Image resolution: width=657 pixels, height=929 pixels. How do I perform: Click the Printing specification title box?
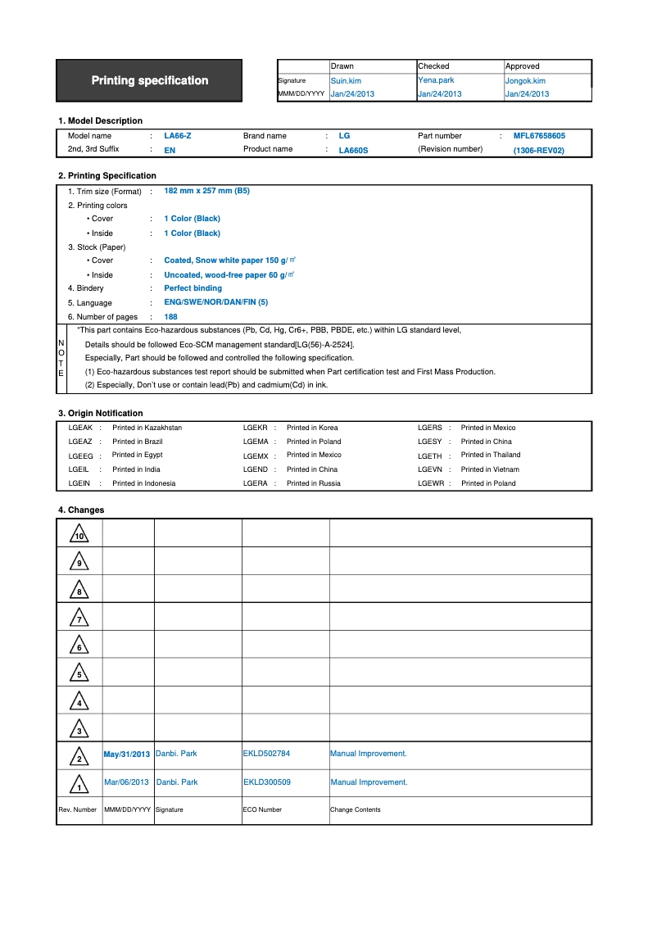[x=149, y=80]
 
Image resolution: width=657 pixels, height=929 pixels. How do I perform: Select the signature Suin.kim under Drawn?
[x=346, y=81]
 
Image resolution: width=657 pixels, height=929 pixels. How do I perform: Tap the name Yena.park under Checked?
[x=436, y=80]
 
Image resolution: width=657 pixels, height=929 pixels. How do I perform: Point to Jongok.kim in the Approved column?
[x=525, y=81]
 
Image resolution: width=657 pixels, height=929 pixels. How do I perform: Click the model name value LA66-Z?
[x=178, y=136]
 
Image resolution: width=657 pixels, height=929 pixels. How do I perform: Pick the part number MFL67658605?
[x=539, y=136]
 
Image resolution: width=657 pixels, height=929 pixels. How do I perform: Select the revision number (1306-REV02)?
[x=539, y=151]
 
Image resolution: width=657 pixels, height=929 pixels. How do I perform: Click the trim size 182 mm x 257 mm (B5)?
[x=206, y=190]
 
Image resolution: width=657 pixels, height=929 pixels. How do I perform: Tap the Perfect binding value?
[x=193, y=288]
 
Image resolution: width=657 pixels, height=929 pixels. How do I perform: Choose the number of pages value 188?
[x=171, y=316]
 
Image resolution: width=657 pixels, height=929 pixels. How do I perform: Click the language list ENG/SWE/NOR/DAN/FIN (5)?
[x=215, y=302]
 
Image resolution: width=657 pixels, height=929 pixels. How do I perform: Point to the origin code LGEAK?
[x=80, y=428]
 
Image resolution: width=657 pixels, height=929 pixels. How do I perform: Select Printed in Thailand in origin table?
[x=491, y=455]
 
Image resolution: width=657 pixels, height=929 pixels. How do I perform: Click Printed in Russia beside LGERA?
[x=314, y=483]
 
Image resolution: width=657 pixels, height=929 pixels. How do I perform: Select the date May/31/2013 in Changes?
[x=127, y=755]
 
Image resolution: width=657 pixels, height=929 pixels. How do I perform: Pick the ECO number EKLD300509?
[x=267, y=782]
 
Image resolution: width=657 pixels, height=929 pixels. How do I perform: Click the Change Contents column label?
[x=356, y=809]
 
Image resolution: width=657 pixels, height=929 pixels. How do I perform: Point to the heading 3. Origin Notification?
[x=100, y=414]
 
